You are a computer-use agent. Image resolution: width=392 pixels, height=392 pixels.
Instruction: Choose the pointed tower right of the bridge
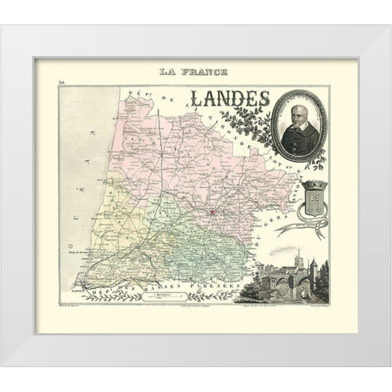click(311, 269)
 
